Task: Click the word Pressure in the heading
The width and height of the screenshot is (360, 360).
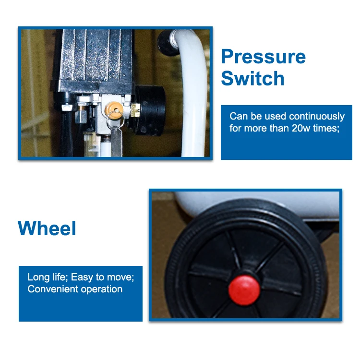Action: pos(264,57)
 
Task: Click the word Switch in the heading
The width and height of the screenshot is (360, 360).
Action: pos(252,79)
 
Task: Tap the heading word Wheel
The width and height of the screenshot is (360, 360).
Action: pos(47,228)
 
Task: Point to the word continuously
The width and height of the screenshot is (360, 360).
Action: pos(317,117)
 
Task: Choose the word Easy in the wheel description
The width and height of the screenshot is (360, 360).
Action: pos(82,277)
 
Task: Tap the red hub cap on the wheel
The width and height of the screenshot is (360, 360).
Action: pos(244,290)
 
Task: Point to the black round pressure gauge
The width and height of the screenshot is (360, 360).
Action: pos(149,110)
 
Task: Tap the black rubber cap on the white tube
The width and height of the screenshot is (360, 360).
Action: pos(166,43)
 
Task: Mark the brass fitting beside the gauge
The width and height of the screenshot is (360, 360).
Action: pos(135,111)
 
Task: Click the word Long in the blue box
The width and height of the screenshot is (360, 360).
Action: pos(37,277)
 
